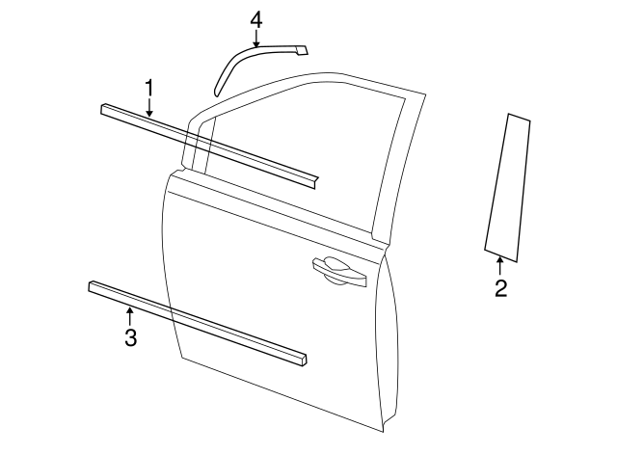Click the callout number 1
(149, 88)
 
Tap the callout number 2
(500, 287)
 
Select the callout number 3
(130, 336)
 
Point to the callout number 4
(255, 19)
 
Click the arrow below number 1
(149, 109)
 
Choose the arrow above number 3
(130, 313)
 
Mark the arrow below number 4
(255, 40)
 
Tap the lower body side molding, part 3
(193, 322)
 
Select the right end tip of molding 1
(313, 179)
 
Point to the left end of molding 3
(93, 286)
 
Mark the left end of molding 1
(104, 109)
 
